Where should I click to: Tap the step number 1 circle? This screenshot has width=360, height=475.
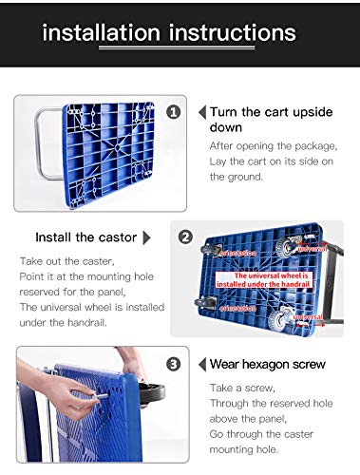173,112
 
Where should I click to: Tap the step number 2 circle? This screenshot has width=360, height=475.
185,237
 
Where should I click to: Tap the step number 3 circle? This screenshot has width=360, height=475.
173,362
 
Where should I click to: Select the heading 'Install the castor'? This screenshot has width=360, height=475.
85,237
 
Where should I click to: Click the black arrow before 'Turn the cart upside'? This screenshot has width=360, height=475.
201,112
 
